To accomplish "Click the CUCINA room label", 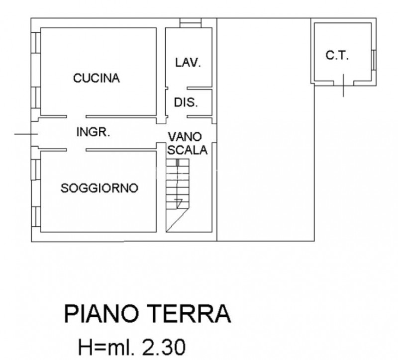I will click(x=97, y=78).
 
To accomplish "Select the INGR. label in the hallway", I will click(x=93, y=133).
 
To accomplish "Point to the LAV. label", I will click(x=188, y=63).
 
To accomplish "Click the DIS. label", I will click(x=186, y=103).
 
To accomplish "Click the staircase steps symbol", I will click(x=178, y=184).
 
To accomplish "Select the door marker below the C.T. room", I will click(x=343, y=86).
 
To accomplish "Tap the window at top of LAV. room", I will click(x=190, y=23).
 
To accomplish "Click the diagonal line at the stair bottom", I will click(x=177, y=220).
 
